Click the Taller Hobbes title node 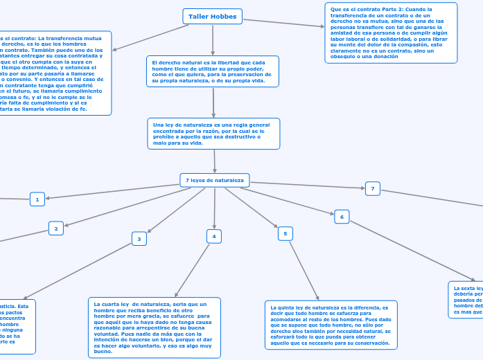pos(213,16)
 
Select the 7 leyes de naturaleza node pos(215,180)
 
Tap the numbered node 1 pos(37,199)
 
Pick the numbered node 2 pos(56,227)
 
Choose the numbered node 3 pos(139,239)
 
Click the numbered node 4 pos(214,236)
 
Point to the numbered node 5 pos(286,233)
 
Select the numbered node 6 pos(342,217)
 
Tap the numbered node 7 pos(373,188)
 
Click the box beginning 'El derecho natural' pos(213,71)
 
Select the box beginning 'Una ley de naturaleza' pos(213,133)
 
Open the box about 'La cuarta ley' pos(155,327)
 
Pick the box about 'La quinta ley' pos(331,325)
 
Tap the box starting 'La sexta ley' pos(466,299)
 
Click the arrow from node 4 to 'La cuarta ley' pos(193,270)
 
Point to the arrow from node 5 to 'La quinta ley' pos(304,271)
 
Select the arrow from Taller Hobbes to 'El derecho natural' pos(213,39)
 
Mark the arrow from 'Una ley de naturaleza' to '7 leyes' pos(214,161)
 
